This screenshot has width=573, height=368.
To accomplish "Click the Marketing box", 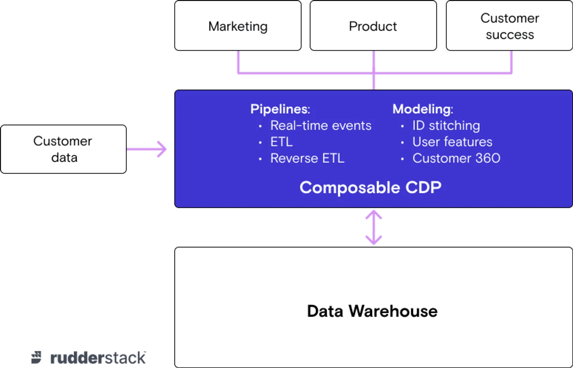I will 238,26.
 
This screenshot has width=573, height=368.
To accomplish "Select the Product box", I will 373,26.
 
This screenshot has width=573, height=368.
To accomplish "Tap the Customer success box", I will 509,26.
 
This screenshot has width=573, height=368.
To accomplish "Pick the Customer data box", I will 63,149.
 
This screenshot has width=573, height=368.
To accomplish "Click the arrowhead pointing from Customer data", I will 162,149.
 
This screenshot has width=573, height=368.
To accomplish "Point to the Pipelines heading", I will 280,109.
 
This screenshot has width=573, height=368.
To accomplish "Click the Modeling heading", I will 423,109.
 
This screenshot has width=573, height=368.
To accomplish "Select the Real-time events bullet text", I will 321,126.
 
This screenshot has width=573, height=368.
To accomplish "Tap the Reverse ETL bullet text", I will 307,158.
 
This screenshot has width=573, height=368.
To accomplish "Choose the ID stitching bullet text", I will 446,126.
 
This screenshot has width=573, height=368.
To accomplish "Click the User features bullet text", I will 452,142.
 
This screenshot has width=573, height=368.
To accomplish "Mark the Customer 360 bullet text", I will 456,158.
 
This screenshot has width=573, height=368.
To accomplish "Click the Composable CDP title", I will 370,187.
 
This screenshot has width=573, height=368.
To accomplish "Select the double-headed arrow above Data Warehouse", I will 374,227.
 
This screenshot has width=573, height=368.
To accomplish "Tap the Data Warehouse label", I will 372,311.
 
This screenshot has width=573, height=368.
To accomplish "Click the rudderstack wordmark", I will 98,358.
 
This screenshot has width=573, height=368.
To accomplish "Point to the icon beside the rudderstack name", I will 36,358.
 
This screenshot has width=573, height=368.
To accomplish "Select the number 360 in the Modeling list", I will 488,158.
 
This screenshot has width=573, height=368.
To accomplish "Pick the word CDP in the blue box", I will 423,187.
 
